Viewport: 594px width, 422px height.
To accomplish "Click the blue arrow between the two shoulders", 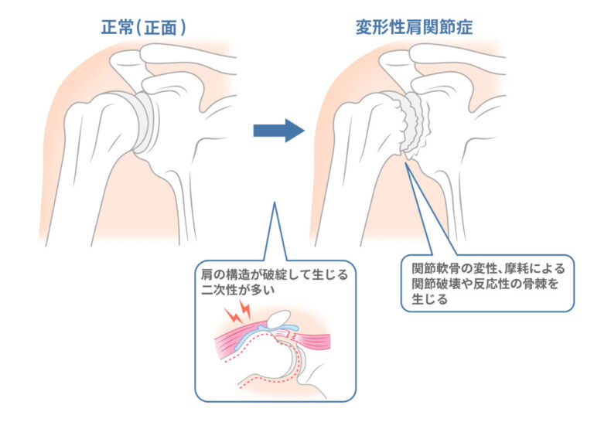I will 278,130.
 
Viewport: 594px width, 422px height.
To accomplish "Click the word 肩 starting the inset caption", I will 207,274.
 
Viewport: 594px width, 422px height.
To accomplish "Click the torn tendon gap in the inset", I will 295,333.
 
